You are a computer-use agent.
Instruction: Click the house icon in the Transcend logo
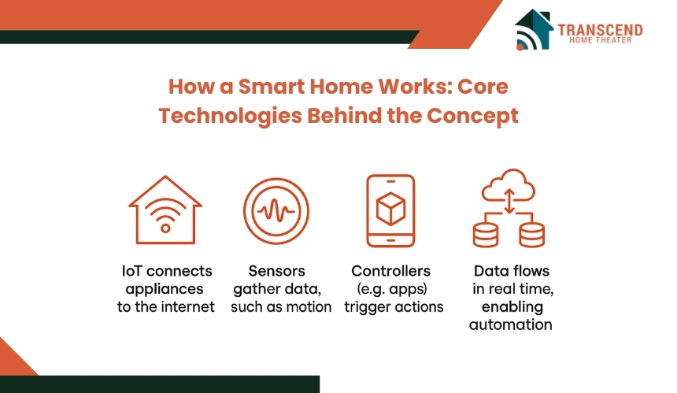pyautogui.click(x=534, y=29)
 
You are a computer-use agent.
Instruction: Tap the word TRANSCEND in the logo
pyautogui.click(x=600, y=30)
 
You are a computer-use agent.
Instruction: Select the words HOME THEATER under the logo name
pyautogui.click(x=600, y=40)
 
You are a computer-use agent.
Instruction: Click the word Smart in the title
pyautogui.click(x=271, y=87)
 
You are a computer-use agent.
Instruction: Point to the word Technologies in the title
pyautogui.click(x=230, y=117)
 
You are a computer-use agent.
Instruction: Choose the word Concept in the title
pyautogui.click(x=473, y=117)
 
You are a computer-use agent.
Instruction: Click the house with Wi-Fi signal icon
pyautogui.click(x=165, y=209)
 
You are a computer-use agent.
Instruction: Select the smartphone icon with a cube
pyautogui.click(x=390, y=211)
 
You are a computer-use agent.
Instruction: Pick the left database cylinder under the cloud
pyautogui.click(x=486, y=235)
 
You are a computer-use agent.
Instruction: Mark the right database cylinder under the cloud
pyautogui.click(x=532, y=235)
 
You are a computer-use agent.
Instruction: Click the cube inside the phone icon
pyautogui.click(x=390, y=209)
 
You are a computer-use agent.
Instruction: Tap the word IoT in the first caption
pyautogui.click(x=131, y=271)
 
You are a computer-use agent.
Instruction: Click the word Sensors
pyautogui.click(x=277, y=271)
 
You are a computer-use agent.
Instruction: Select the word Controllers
pyautogui.click(x=390, y=271)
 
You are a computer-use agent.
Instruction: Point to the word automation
pyautogui.click(x=511, y=324)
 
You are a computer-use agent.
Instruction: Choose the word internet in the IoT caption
pyautogui.click(x=191, y=307)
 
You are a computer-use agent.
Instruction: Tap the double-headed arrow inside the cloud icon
pyautogui.click(x=509, y=202)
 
